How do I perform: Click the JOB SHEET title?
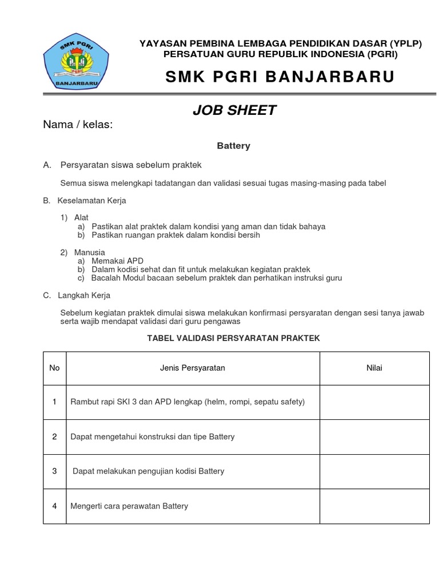(234, 111)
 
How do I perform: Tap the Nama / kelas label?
(78, 125)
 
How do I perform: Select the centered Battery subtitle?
(233, 146)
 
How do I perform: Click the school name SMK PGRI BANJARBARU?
(280, 77)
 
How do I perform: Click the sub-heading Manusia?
(89, 253)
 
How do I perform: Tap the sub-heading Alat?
(82, 218)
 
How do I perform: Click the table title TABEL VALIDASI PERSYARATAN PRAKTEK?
(233, 338)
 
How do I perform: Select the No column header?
(54, 368)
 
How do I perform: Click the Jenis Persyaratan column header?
(192, 368)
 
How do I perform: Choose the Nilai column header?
(374, 368)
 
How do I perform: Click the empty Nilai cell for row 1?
(374, 402)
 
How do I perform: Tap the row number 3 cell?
(54, 471)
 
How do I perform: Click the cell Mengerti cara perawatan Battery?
(129, 506)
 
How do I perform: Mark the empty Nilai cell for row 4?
(374, 506)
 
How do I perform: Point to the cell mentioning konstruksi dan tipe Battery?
(152, 437)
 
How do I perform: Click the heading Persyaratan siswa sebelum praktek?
(131, 165)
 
